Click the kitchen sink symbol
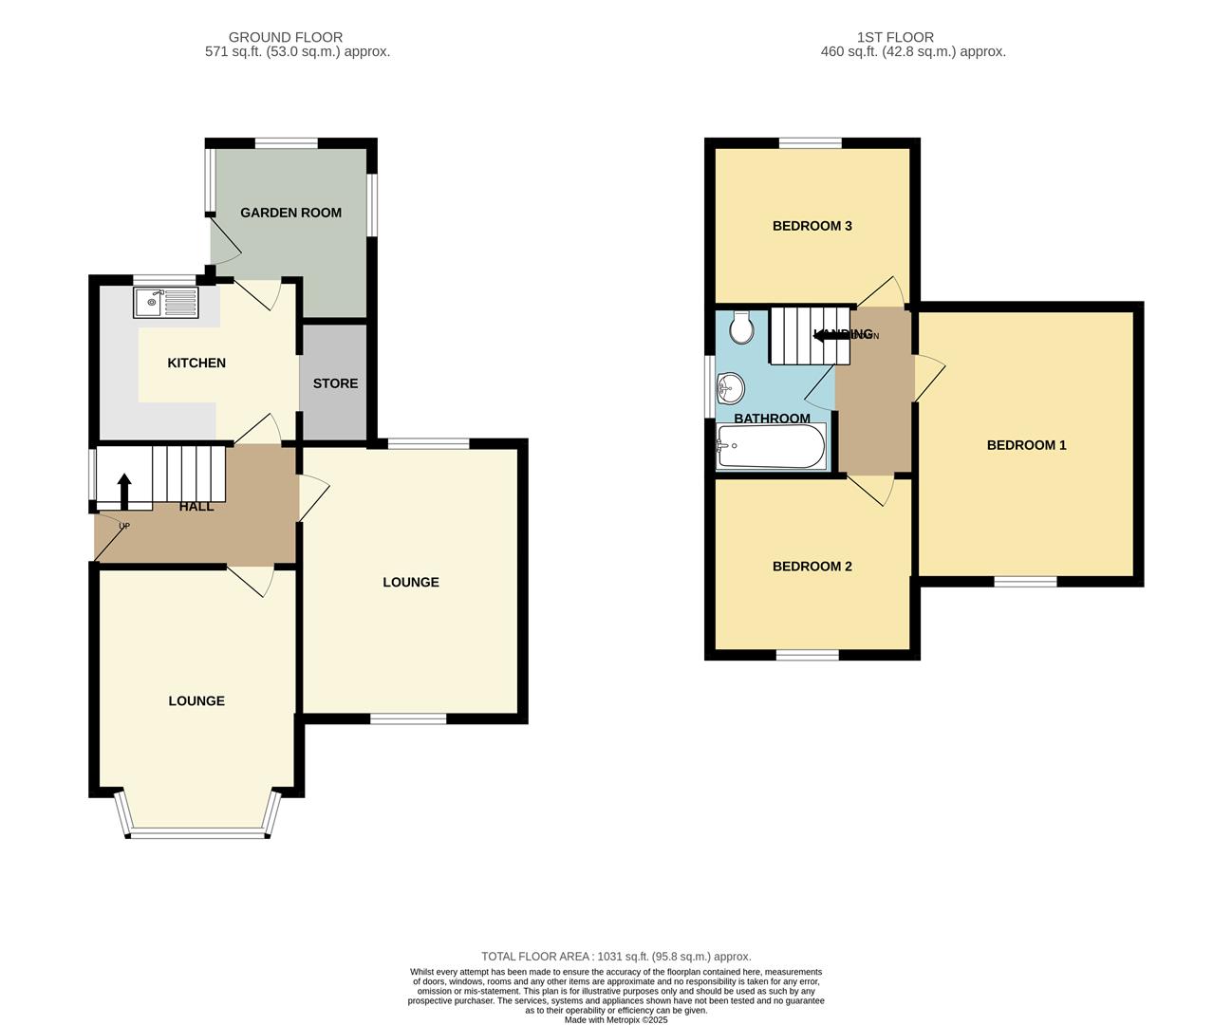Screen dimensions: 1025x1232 [166, 303]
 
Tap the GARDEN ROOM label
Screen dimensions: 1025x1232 [290, 213]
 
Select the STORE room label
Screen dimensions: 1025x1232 [335, 383]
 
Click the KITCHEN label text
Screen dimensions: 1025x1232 [196, 363]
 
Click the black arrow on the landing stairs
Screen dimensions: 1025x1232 [832, 335]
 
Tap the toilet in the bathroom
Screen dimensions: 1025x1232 [741, 328]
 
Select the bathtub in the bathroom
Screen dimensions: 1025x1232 [772, 446]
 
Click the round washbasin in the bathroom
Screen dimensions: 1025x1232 [731, 387]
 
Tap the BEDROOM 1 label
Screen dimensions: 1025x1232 [1026, 445]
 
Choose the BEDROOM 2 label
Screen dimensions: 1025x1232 [812, 567]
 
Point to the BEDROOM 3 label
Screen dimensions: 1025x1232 [812, 226]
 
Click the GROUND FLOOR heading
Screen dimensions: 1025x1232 [286, 38]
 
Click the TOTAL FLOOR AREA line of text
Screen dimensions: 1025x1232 [616, 957]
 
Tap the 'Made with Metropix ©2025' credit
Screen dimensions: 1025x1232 [616, 1020]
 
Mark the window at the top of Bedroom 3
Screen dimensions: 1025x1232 [811, 143]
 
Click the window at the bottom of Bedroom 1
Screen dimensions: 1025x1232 [1025, 581]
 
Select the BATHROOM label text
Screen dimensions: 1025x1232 [772, 419]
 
